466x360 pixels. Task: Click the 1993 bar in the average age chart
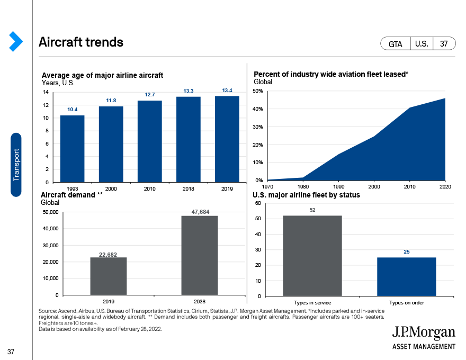click(x=72, y=149)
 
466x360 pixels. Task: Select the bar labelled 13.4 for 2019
click(x=227, y=139)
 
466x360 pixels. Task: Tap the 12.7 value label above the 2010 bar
click(x=150, y=95)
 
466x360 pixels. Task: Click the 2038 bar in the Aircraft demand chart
click(x=200, y=256)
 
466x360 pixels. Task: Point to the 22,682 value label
click(x=108, y=255)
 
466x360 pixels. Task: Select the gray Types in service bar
click(x=312, y=256)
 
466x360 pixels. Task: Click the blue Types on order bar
click(x=407, y=277)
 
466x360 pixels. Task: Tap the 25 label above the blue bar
click(x=407, y=252)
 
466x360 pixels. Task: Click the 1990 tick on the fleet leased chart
click(x=338, y=186)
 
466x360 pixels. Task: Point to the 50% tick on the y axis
click(x=258, y=91)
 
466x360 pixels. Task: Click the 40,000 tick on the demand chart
click(x=50, y=229)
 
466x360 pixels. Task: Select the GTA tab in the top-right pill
click(x=395, y=44)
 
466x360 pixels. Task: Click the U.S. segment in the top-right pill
click(x=422, y=44)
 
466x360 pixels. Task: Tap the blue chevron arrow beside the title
click(x=16, y=41)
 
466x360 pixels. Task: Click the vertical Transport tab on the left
click(x=16, y=165)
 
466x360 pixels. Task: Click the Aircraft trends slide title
click(x=81, y=42)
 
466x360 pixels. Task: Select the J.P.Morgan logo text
click(x=424, y=333)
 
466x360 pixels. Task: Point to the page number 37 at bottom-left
click(x=11, y=352)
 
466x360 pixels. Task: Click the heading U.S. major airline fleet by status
click(x=306, y=195)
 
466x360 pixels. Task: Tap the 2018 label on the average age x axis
click(x=188, y=188)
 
